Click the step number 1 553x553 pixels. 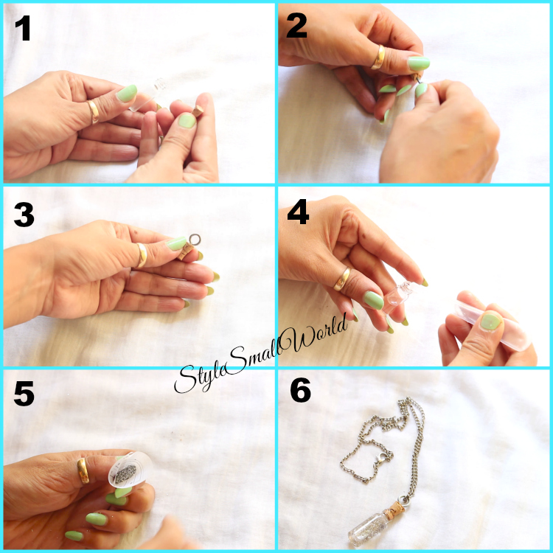click(x=23, y=28)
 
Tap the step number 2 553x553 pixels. click(x=296, y=26)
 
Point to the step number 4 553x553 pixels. click(x=298, y=212)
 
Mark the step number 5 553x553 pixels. click(x=24, y=393)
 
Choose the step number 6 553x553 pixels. click(x=301, y=390)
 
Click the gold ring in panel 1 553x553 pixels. click(x=94, y=112)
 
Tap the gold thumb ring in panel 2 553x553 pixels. click(x=378, y=57)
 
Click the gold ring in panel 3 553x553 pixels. click(x=142, y=255)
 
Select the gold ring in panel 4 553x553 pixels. click(x=342, y=279)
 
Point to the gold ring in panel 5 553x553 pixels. click(x=83, y=471)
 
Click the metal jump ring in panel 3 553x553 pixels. click(x=195, y=240)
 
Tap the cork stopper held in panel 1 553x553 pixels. click(x=198, y=111)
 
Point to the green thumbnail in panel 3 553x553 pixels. click(x=177, y=244)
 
